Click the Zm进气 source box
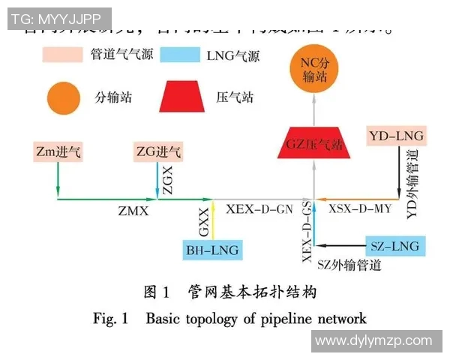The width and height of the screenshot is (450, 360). (x=58, y=152)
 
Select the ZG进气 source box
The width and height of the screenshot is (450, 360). (x=157, y=152)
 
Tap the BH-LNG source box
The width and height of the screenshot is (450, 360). (x=213, y=250)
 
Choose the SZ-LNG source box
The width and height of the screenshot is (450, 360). (x=394, y=245)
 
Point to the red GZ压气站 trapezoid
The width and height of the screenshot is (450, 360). (x=315, y=142)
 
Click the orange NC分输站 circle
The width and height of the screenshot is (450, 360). (x=315, y=70)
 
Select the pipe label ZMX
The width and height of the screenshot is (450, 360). (x=133, y=211)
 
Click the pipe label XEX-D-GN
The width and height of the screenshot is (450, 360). (x=259, y=210)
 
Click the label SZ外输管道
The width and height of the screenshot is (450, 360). (x=349, y=265)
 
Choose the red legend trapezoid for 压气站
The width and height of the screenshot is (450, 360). (x=184, y=97)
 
